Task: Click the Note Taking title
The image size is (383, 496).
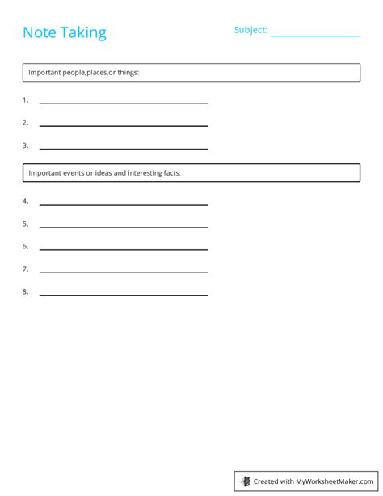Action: pyautogui.click(x=64, y=32)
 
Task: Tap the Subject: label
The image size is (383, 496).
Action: pyautogui.click(x=250, y=30)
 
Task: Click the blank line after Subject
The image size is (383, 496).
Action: pyautogui.click(x=315, y=35)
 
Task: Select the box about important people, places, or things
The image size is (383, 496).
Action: pyautogui.click(x=191, y=73)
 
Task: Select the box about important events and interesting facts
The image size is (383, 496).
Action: pyautogui.click(x=191, y=172)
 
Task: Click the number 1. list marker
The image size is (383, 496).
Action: pyautogui.click(x=25, y=100)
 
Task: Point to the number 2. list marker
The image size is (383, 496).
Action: pyautogui.click(x=25, y=123)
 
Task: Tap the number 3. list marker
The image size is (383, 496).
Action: pyautogui.click(x=25, y=146)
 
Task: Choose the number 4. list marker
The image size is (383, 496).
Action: pyautogui.click(x=25, y=201)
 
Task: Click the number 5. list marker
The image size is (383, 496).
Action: pyautogui.click(x=25, y=223)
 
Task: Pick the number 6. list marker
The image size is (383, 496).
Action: pyautogui.click(x=25, y=246)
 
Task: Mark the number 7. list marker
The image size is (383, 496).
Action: pyautogui.click(x=25, y=269)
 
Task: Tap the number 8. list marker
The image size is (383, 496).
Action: pyautogui.click(x=25, y=291)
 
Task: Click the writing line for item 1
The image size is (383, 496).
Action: pyautogui.click(x=124, y=103)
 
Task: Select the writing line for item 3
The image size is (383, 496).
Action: pyautogui.click(x=124, y=148)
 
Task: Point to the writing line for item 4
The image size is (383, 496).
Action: pyautogui.click(x=124, y=203)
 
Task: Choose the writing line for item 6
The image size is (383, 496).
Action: pyautogui.click(x=124, y=248)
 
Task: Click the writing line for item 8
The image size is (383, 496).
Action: pyautogui.click(x=124, y=294)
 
